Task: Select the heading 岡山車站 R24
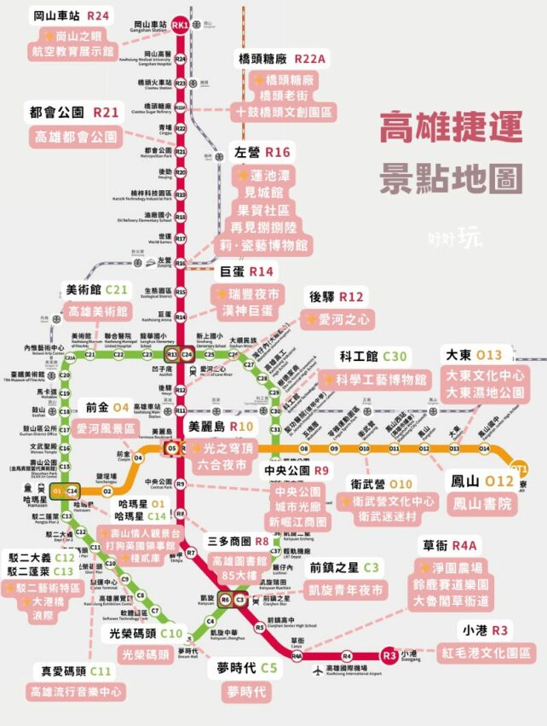72,16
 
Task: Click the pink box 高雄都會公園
75,136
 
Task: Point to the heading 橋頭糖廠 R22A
280,59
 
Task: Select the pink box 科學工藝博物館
374,380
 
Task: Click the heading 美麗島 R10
219,426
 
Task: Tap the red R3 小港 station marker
389,655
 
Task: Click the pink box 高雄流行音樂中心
75,691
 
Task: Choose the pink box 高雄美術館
98,312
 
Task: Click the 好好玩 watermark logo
458,238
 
